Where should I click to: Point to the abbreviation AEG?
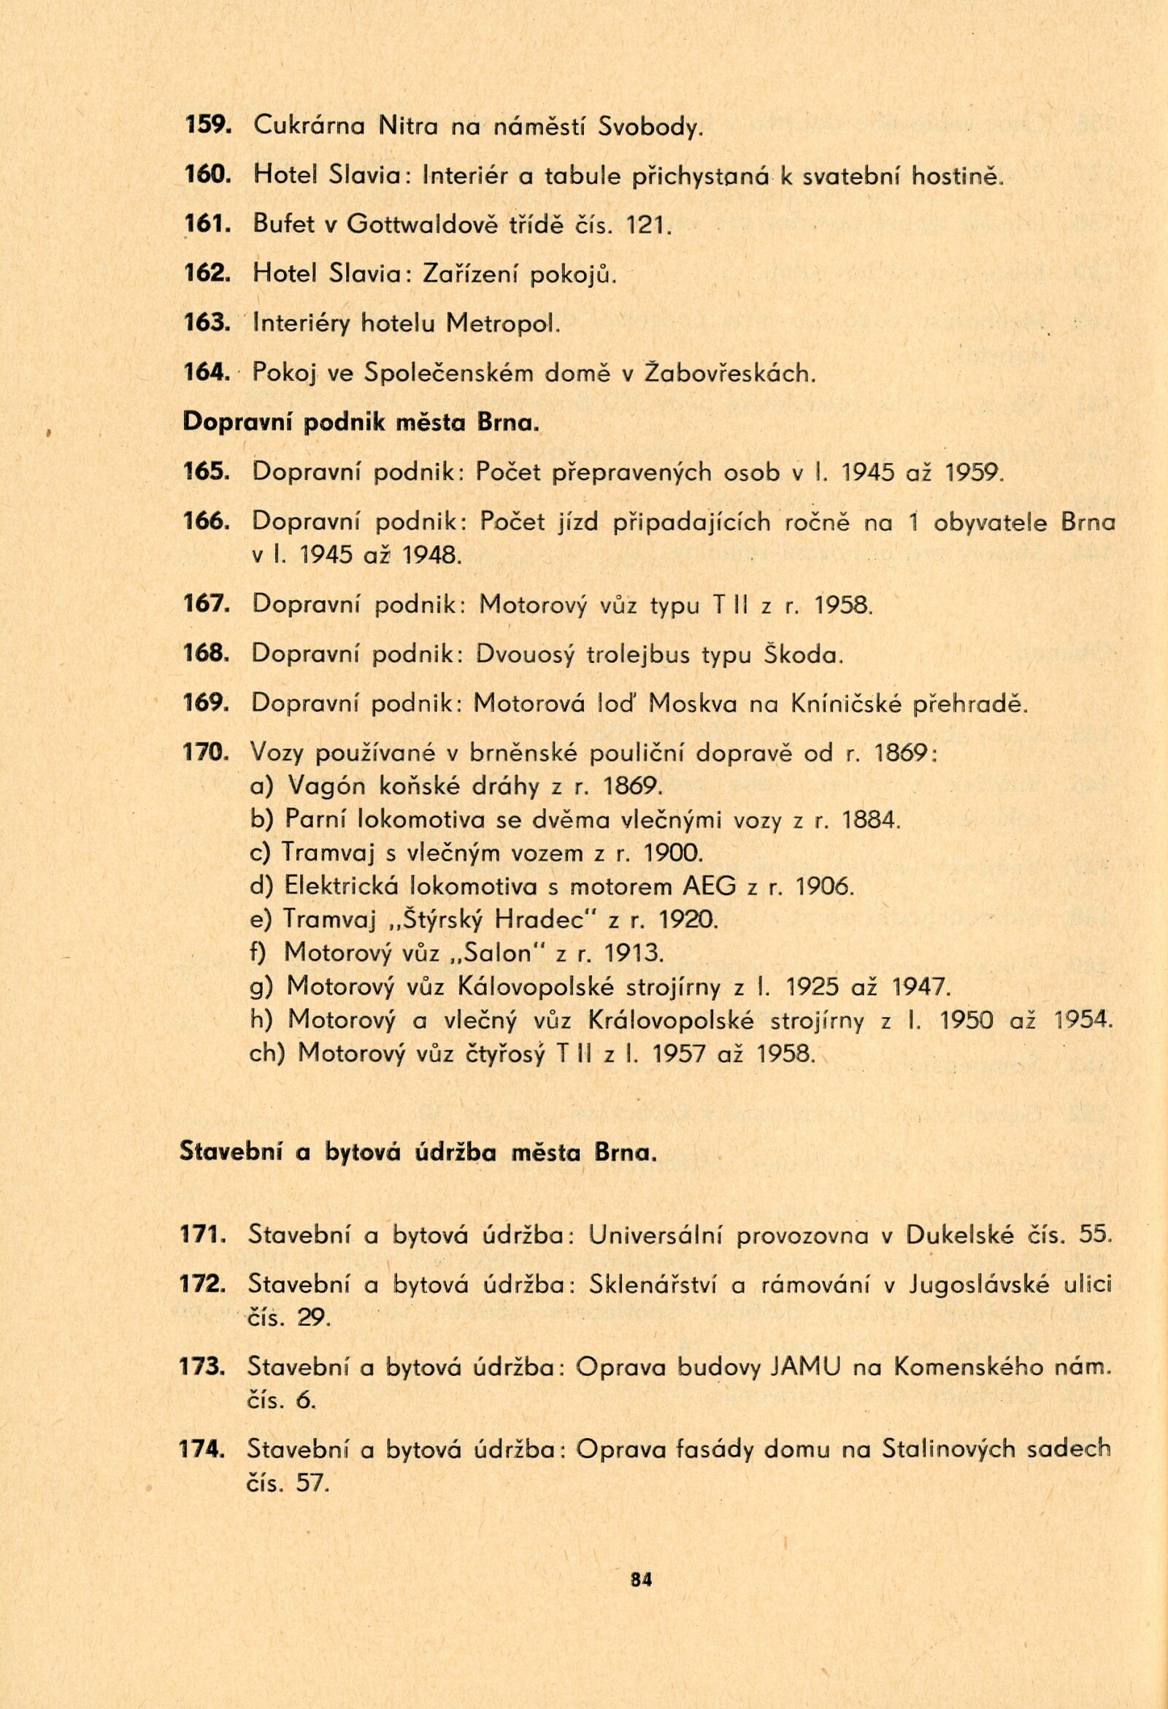point(707,887)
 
